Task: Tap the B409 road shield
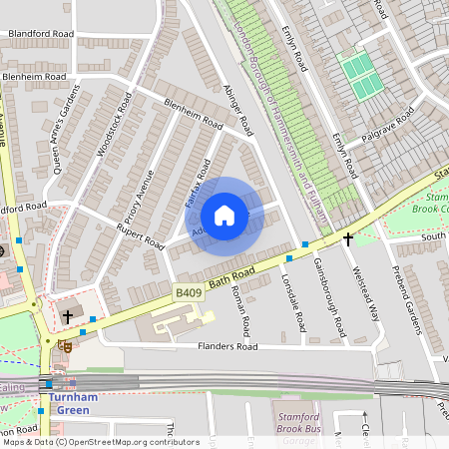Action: pos(188,293)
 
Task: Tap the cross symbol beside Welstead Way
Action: pos(348,239)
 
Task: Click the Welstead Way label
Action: pos(360,290)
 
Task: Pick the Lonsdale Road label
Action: pos(294,303)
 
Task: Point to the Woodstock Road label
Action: pos(114,131)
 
